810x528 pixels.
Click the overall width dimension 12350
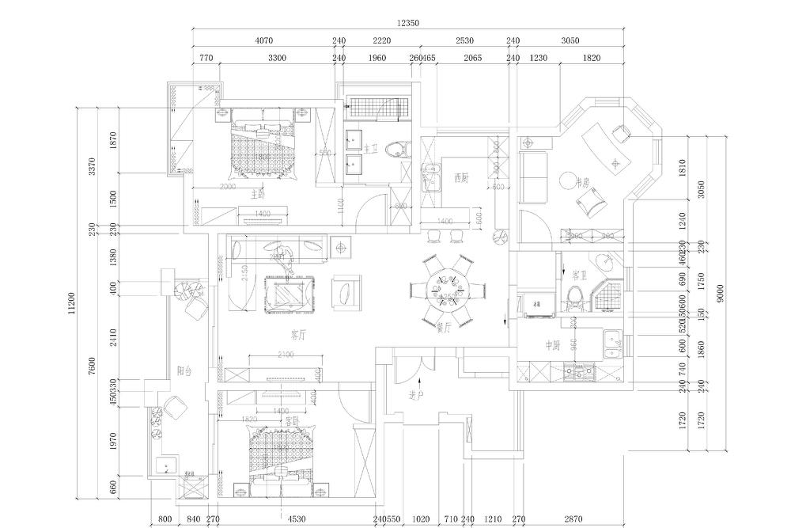[x=407, y=23]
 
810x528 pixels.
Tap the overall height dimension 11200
[x=72, y=301]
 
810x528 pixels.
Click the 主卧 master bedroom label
[x=258, y=194]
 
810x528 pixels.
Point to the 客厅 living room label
[x=297, y=334]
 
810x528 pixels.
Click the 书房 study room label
[x=584, y=183]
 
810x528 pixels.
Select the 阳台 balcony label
[x=184, y=370]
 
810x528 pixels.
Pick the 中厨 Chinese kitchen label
[x=552, y=346]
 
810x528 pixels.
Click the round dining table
[x=447, y=290]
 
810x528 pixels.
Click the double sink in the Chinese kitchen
[x=612, y=344]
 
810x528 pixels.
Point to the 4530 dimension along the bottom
[x=297, y=519]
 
